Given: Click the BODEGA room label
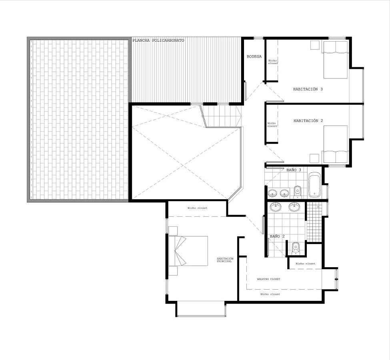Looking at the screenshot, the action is click(254, 56).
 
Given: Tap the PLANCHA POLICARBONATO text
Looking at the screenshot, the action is click(158, 40).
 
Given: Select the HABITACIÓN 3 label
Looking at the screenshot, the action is click(308, 89).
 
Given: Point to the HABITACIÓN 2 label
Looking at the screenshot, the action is click(308, 121).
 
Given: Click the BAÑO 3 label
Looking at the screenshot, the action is click(294, 170).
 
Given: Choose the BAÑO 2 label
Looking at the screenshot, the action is click(277, 236).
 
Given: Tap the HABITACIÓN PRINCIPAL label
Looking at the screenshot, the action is click(225, 260).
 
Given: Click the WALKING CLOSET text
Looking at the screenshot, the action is click(268, 279).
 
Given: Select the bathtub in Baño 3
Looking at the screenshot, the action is click(315, 185).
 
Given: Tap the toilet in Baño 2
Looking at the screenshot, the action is click(296, 248).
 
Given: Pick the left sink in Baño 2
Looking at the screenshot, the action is click(275, 207).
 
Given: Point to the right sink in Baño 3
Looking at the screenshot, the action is click(284, 192).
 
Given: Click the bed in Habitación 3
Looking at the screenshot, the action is click(335, 60).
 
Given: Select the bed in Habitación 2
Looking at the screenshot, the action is click(335, 144).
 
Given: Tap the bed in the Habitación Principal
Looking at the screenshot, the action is click(188, 251).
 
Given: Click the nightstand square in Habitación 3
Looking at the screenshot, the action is click(315, 45).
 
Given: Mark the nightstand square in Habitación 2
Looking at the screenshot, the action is click(315, 158).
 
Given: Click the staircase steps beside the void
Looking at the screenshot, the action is click(221, 116).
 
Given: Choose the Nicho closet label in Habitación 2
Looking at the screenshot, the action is click(272, 125).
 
